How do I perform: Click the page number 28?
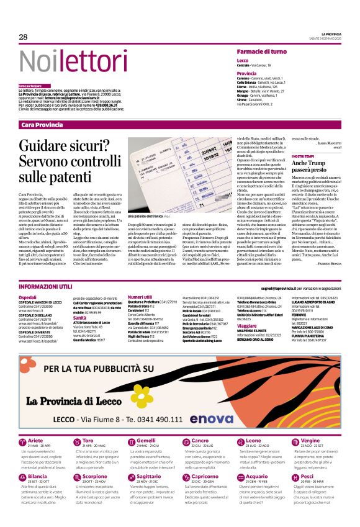click(x=23, y=37)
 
